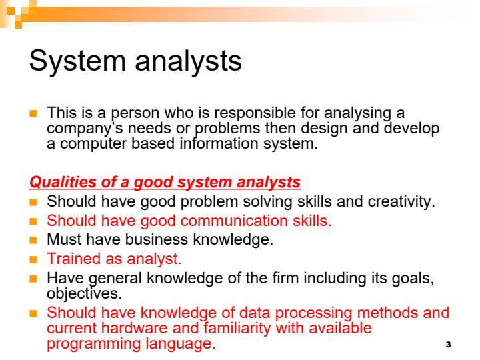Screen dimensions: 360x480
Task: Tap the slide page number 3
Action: [x=447, y=345]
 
